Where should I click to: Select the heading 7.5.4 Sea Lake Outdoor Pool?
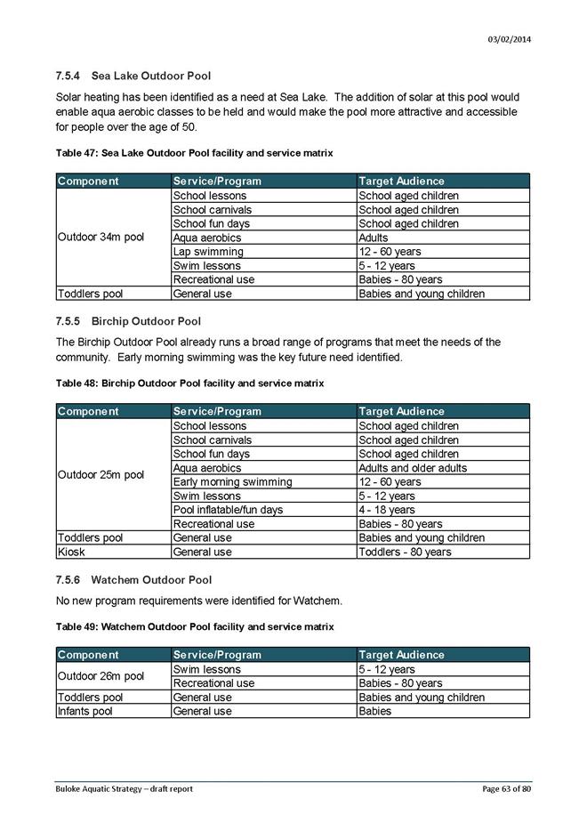[x=133, y=77]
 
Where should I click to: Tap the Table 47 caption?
[x=194, y=153]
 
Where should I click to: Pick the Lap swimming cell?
[x=208, y=252]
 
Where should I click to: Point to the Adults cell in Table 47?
[x=374, y=238]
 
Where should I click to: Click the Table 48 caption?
[x=189, y=383]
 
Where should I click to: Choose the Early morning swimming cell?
[x=232, y=482]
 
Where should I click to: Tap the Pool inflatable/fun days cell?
[x=228, y=510]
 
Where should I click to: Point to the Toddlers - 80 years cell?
[x=405, y=552]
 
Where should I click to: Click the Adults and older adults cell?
[x=413, y=468]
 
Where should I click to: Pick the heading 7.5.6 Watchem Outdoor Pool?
[x=133, y=579]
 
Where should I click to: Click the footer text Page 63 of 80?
[x=507, y=789]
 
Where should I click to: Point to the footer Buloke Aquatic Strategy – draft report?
[x=124, y=789]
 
